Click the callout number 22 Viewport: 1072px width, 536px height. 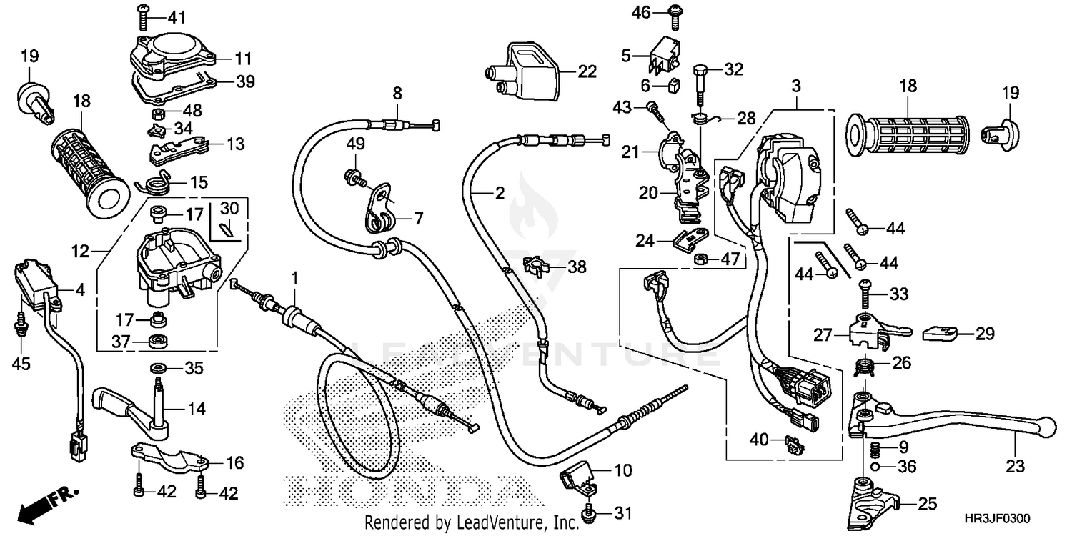pos(587,71)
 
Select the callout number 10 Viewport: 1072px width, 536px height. pos(622,472)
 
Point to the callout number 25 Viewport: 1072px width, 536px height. pos(927,505)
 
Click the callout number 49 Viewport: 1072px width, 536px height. pos(356,144)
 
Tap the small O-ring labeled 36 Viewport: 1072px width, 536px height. pos(876,468)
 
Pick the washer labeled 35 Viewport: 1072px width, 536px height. pos(157,368)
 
